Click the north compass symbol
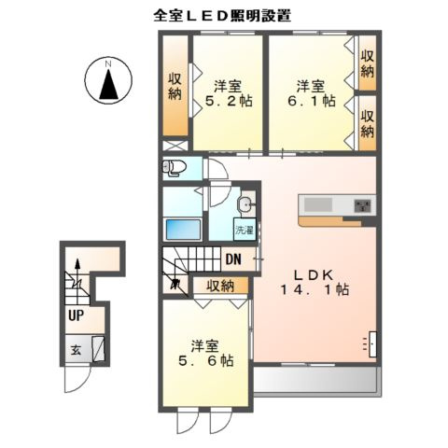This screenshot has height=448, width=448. click(x=108, y=81)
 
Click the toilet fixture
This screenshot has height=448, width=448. click(x=175, y=168)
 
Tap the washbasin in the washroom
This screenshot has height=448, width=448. click(x=245, y=205)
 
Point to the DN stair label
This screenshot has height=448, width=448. click(x=233, y=259)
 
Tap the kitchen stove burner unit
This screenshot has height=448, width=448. click(x=362, y=204)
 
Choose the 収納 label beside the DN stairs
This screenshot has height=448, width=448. click(x=220, y=286)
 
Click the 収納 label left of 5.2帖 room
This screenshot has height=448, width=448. click(x=175, y=86)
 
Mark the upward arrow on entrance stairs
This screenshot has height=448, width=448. click(x=77, y=269)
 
